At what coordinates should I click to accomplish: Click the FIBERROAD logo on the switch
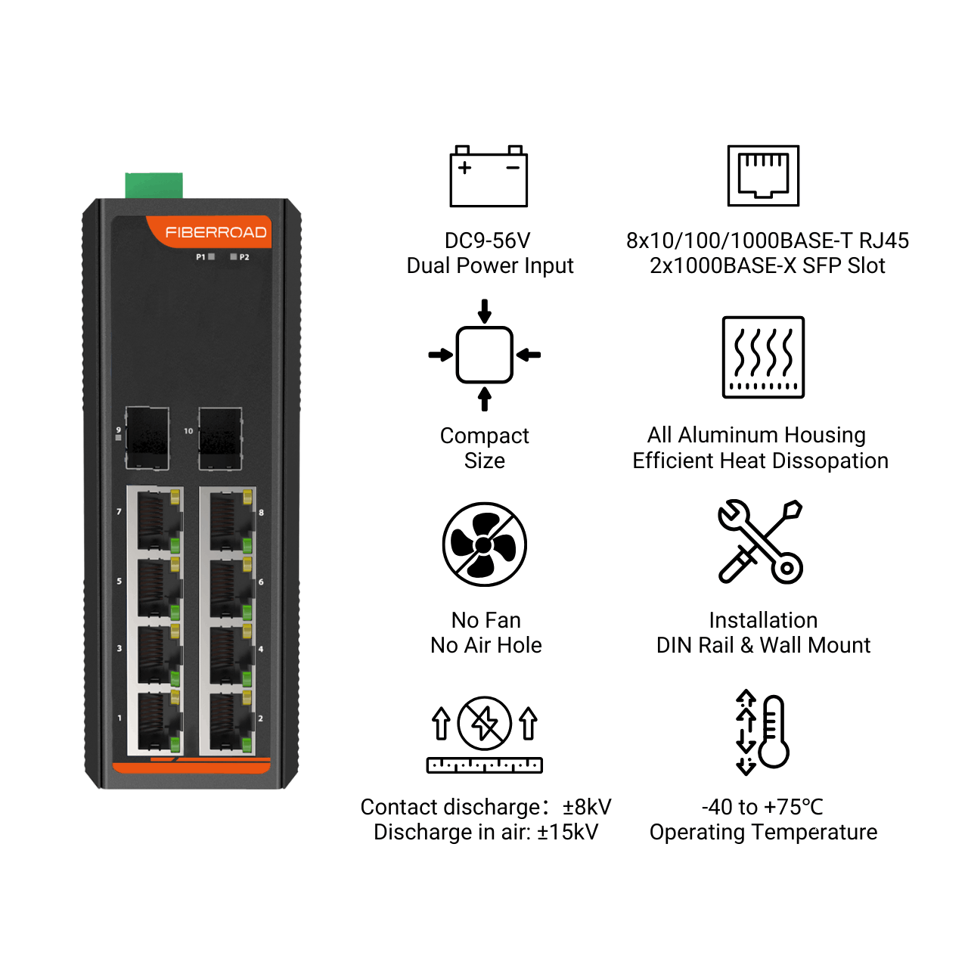(x=216, y=232)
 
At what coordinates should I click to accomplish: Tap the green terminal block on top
(x=154, y=185)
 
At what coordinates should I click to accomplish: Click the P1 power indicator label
(x=200, y=256)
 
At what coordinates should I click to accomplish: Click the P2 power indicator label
(x=244, y=257)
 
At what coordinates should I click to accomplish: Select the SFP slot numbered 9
(x=147, y=439)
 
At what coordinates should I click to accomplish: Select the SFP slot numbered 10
(x=221, y=439)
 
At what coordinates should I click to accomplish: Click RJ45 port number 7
(x=155, y=520)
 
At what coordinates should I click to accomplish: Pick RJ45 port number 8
(x=228, y=520)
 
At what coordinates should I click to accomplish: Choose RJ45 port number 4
(x=228, y=653)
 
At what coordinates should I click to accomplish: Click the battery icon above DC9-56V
(x=489, y=175)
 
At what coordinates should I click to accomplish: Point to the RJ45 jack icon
(x=763, y=175)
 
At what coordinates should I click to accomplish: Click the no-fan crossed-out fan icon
(x=484, y=544)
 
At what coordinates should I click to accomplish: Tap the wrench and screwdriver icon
(x=760, y=541)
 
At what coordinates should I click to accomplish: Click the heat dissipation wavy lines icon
(x=763, y=357)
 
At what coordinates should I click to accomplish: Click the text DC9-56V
(x=487, y=240)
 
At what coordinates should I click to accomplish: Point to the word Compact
(x=484, y=436)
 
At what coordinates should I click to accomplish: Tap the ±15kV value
(x=568, y=832)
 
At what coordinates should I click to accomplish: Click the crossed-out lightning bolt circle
(x=484, y=724)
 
